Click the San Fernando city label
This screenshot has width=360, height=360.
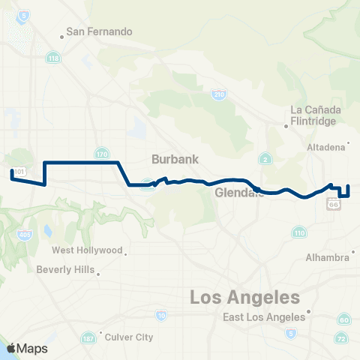99,31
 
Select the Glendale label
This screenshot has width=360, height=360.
238,193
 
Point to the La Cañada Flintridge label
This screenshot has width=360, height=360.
316,115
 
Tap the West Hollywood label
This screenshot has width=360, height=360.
87,250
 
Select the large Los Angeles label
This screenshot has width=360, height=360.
244,298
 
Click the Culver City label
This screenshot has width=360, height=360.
129,337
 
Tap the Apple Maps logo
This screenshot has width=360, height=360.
27,349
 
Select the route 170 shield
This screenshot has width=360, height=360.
102,154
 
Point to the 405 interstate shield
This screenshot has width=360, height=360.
27,235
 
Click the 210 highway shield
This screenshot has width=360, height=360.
218,94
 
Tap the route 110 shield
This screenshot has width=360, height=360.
299,233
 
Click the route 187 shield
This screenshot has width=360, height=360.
89,337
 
